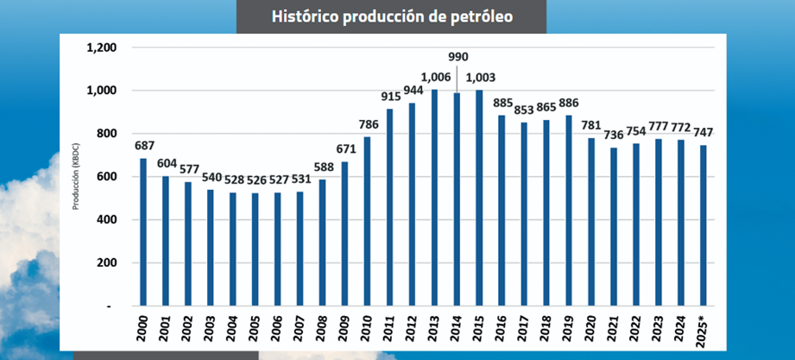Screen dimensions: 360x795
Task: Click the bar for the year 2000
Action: click(143, 232)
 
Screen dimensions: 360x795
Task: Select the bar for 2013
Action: click(435, 198)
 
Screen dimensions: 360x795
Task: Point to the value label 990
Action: click(457, 56)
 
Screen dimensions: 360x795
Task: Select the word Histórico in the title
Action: click(302, 16)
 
